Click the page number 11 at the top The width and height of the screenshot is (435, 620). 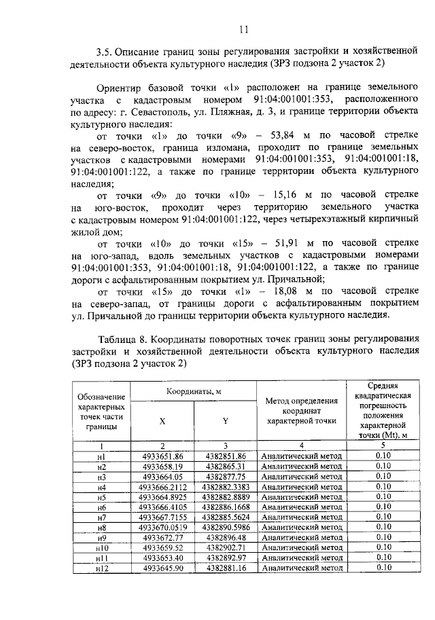(x=245, y=28)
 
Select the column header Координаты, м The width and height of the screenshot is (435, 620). (x=194, y=393)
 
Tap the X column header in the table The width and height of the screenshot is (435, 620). (x=162, y=421)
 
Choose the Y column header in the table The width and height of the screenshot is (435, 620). (x=225, y=421)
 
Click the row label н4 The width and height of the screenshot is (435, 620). (x=102, y=487)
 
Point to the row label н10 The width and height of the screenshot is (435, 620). (x=102, y=547)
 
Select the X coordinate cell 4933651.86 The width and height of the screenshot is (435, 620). (x=163, y=456)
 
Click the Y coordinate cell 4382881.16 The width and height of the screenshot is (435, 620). (x=225, y=568)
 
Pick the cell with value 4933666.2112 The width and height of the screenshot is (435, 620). (x=163, y=487)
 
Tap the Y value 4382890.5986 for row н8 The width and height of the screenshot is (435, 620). (x=225, y=527)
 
